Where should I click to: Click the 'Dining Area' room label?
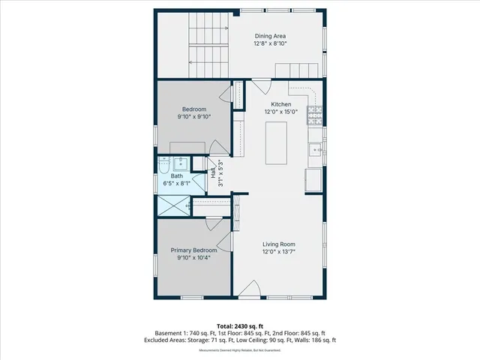pyautogui.click(x=270, y=36)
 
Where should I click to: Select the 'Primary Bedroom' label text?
pyautogui.click(x=193, y=250)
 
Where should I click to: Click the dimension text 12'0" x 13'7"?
pyautogui.click(x=278, y=252)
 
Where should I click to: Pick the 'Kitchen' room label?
pyautogui.click(x=280, y=104)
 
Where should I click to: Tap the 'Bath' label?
pyautogui.click(x=176, y=176)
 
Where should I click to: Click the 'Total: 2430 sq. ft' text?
pyautogui.click(x=240, y=325)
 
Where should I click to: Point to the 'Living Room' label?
pyautogui.click(x=278, y=244)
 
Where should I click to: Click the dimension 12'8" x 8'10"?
pyautogui.click(x=270, y=43)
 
